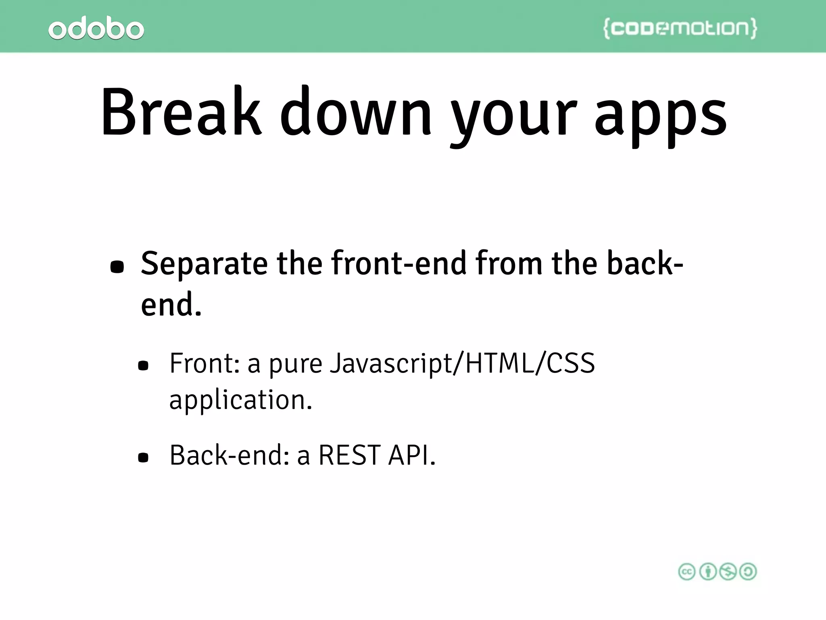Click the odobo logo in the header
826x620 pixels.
tap(96, 28)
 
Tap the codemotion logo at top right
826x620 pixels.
tap(680, 28)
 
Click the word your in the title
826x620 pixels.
tap(513, 117)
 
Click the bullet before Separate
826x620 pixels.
tap(117, 267)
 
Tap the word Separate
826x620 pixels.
tap(204, 264)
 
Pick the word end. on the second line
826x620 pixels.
tap(171, 305)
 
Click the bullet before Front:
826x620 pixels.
tap(143, 366)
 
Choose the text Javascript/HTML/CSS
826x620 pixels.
tap(462, 363)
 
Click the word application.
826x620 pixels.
tap(241, 400)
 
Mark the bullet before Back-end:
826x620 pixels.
tap(143, 457)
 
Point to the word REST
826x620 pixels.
tap(349, 455)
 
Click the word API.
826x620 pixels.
tap(411, 455)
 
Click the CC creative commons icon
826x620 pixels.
tap(687, 572)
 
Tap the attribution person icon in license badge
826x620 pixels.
tap(707, 572)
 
